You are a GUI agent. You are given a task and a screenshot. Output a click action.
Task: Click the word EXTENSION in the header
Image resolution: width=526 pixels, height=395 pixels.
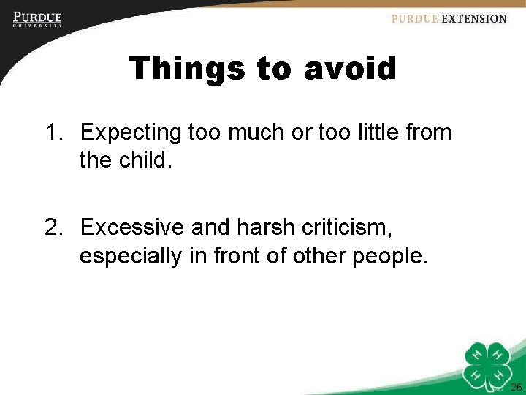coord(474,19)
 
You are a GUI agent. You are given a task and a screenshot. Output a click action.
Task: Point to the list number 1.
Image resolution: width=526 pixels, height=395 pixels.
coord(53,133)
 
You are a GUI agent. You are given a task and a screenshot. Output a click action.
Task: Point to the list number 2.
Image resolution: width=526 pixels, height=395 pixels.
coord(53,228)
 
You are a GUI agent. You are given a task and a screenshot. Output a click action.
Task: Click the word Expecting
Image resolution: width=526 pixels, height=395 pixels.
coord(131,133)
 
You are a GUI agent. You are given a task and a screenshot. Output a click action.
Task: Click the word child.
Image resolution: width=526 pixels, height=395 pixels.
coord(144,160)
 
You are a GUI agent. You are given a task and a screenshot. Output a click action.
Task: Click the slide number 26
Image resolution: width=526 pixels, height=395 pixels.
coord(516,387)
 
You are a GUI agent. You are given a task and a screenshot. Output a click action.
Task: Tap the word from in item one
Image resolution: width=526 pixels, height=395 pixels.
coord(426,133)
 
